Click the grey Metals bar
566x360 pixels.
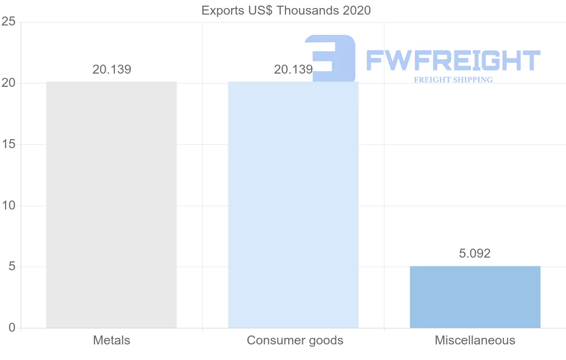coord(111,205)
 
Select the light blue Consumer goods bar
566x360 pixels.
coord(293,205)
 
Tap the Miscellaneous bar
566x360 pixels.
coord(475,297)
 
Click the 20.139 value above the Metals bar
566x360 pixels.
coord(112,69)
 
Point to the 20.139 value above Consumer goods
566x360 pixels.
coord(293,69)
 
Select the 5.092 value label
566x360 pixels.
coord(474,253)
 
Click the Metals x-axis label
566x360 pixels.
coord(112,340)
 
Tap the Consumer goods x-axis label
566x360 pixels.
coord(295,340)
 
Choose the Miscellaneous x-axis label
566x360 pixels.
coord(475,340)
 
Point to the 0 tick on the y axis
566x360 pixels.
coord(12,328)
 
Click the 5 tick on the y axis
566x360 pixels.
coord(12,267)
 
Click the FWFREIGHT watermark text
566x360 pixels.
coord(453,61)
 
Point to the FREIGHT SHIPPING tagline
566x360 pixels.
coord(453,80)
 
